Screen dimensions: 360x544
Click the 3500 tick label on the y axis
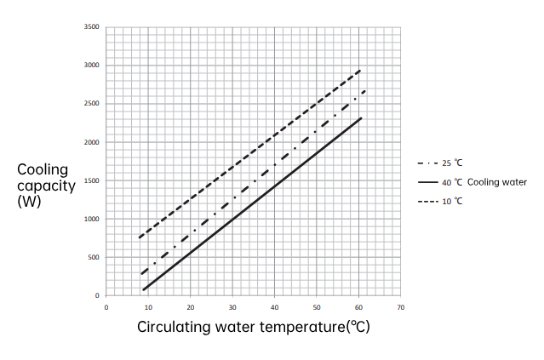[93, 27]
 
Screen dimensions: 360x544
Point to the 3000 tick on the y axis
[93, 66]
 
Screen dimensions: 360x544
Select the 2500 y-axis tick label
[93, 104]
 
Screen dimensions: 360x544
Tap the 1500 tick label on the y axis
[93, 180]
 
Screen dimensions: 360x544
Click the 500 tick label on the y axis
[94, 257]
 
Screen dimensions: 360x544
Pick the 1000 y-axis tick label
[93, 219]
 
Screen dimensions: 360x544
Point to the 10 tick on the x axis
[148, 306]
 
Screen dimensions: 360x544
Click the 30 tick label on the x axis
[232, 306]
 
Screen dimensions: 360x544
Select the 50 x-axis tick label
[316, 306]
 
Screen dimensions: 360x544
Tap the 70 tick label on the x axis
[400, 306]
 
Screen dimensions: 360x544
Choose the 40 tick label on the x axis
[274, 306]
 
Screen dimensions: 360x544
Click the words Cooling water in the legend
[497, 182]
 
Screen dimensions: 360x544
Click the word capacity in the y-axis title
[47, 186]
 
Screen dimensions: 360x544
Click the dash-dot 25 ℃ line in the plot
[255, 175]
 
